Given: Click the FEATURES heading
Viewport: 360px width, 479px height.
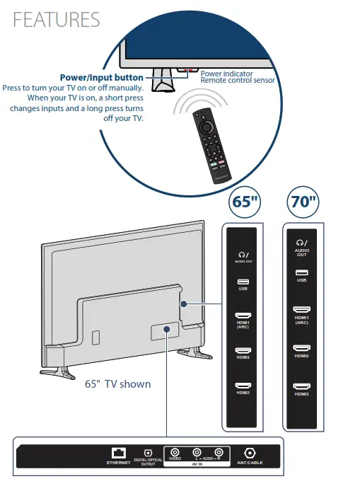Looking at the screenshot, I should (57, 19).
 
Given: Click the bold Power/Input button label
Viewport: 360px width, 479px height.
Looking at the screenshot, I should (101, 77).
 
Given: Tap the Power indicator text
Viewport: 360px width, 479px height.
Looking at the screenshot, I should (226, 73).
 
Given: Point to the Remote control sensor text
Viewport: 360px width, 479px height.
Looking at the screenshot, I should (237, 80).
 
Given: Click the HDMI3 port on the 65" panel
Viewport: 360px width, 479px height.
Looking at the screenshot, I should (243, 386).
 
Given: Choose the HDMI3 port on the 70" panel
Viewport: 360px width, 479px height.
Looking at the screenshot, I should (302, 386).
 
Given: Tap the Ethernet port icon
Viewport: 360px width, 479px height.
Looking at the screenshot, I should (118, 453).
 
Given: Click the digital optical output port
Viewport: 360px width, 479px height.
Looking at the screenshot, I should (149, 453).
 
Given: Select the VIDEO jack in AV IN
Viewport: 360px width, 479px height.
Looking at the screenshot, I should (175, 451).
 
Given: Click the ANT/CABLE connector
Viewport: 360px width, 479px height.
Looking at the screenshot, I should (249, 453).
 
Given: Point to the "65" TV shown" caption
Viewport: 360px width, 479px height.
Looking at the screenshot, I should (117, 384).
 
